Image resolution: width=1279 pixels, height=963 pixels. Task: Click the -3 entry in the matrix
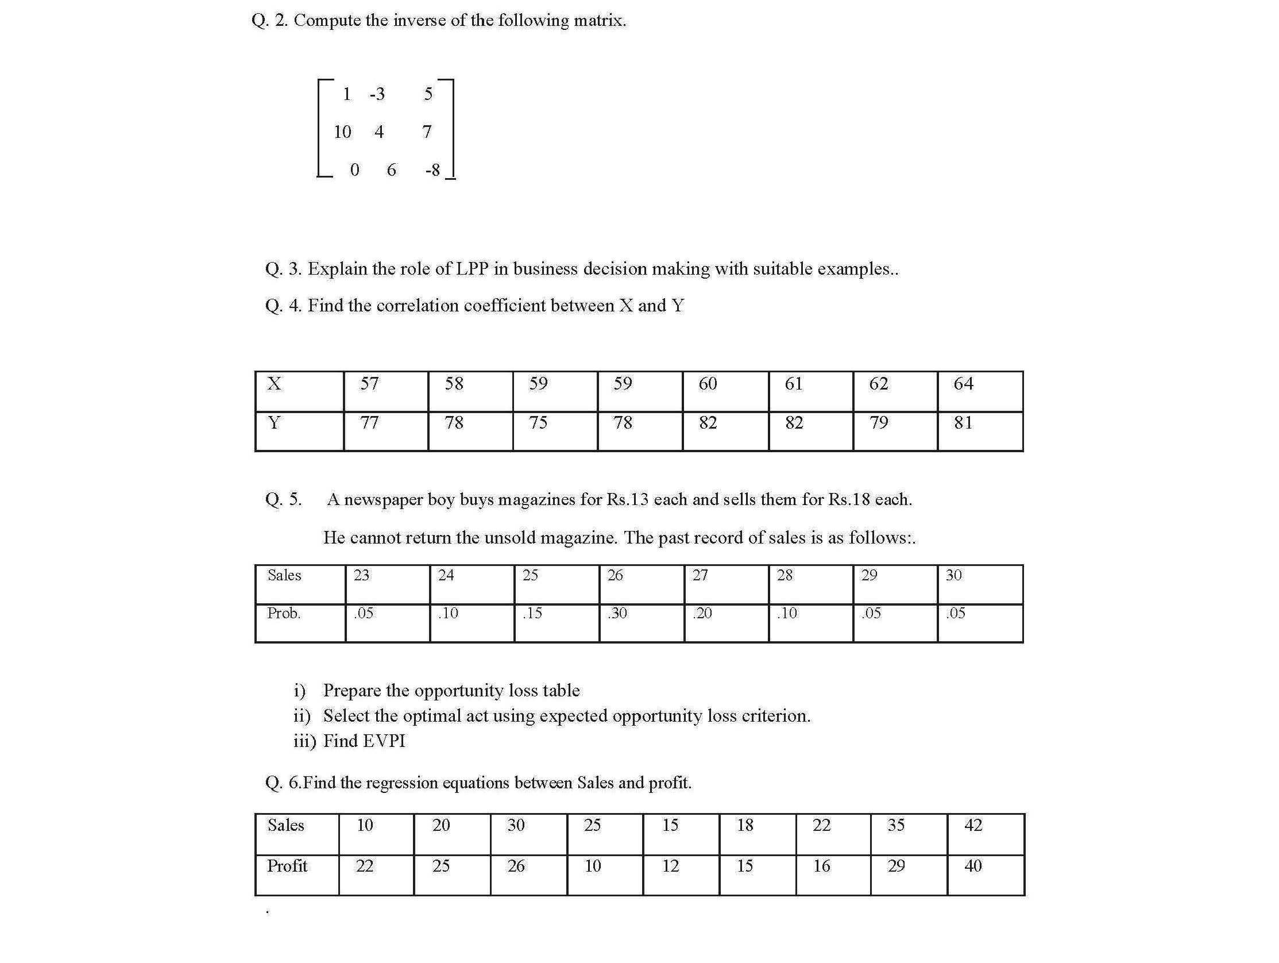point(377,94)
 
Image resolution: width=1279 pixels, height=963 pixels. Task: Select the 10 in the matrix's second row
point(342,132)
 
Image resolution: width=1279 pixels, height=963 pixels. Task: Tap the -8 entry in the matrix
point(432,170)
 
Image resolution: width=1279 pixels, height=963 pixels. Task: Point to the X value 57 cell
point(369,384)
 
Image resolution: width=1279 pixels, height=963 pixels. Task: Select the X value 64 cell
point(963,384)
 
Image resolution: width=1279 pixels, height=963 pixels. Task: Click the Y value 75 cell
point(538,423)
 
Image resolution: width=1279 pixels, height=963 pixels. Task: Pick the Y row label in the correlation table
point(274,423)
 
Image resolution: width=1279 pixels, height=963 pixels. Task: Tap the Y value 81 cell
point(963,423)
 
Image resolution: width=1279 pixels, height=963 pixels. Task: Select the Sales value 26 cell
point(615,576)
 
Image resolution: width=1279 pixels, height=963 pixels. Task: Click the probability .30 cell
point(617,613)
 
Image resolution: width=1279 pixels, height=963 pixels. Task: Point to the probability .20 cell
point(702,613)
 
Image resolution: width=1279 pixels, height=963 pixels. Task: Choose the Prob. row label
point(284,613)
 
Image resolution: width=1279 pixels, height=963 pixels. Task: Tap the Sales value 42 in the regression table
point(973,825)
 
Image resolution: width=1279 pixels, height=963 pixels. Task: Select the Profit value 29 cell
point(896,866)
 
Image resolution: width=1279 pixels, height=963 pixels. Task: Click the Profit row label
point(287,866)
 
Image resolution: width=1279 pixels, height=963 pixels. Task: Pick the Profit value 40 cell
point(973,866)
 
